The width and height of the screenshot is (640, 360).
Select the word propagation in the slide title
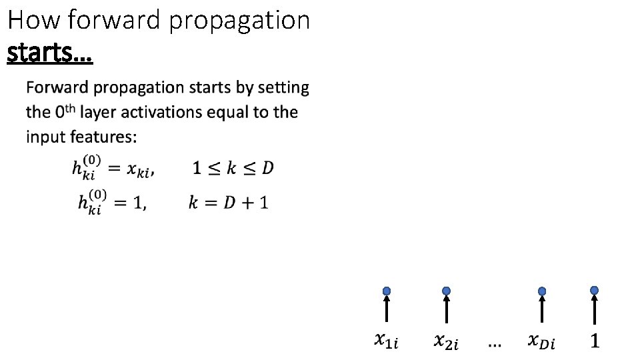pos(239,21)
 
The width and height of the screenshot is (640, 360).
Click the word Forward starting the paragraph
pos(57,87)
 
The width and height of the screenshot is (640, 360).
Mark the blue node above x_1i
pos(386,291)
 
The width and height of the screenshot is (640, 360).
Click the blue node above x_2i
pos(446,291)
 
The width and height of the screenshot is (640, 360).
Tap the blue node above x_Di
pos(542,291)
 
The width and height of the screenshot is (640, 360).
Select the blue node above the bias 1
pos(594,291)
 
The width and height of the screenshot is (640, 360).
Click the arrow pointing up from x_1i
pos(386,309)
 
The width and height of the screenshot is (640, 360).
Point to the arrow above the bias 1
pos(594,309)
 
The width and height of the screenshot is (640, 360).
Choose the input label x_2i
pos(446,342)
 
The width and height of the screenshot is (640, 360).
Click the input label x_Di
pos(541,342)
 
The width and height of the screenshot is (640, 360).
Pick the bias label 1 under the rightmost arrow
pos(595,341)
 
